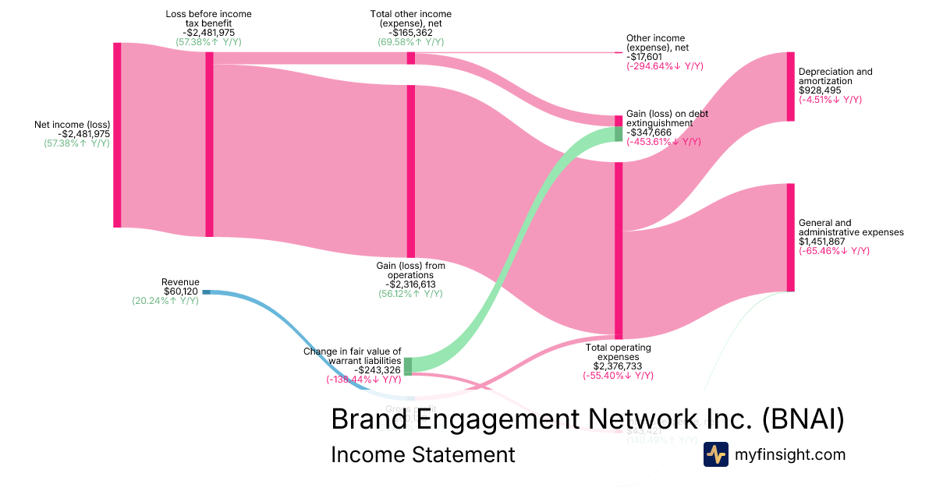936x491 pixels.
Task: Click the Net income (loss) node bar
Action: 118,135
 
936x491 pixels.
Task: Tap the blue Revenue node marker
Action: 206,291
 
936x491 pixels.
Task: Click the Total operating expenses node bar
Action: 619,249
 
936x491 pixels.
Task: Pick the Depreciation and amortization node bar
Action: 790,87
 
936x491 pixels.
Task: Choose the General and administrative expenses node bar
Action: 790,238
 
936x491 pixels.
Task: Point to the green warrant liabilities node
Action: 408,366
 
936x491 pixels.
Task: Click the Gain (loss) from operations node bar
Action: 410,171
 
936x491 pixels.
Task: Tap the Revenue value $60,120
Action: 181,291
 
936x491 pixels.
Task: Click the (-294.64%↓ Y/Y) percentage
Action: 665,66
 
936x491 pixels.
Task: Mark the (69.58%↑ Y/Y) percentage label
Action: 410,42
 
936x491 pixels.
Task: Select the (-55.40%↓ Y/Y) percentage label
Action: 618,376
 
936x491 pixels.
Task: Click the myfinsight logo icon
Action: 715,454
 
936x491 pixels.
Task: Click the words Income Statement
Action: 423,454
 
